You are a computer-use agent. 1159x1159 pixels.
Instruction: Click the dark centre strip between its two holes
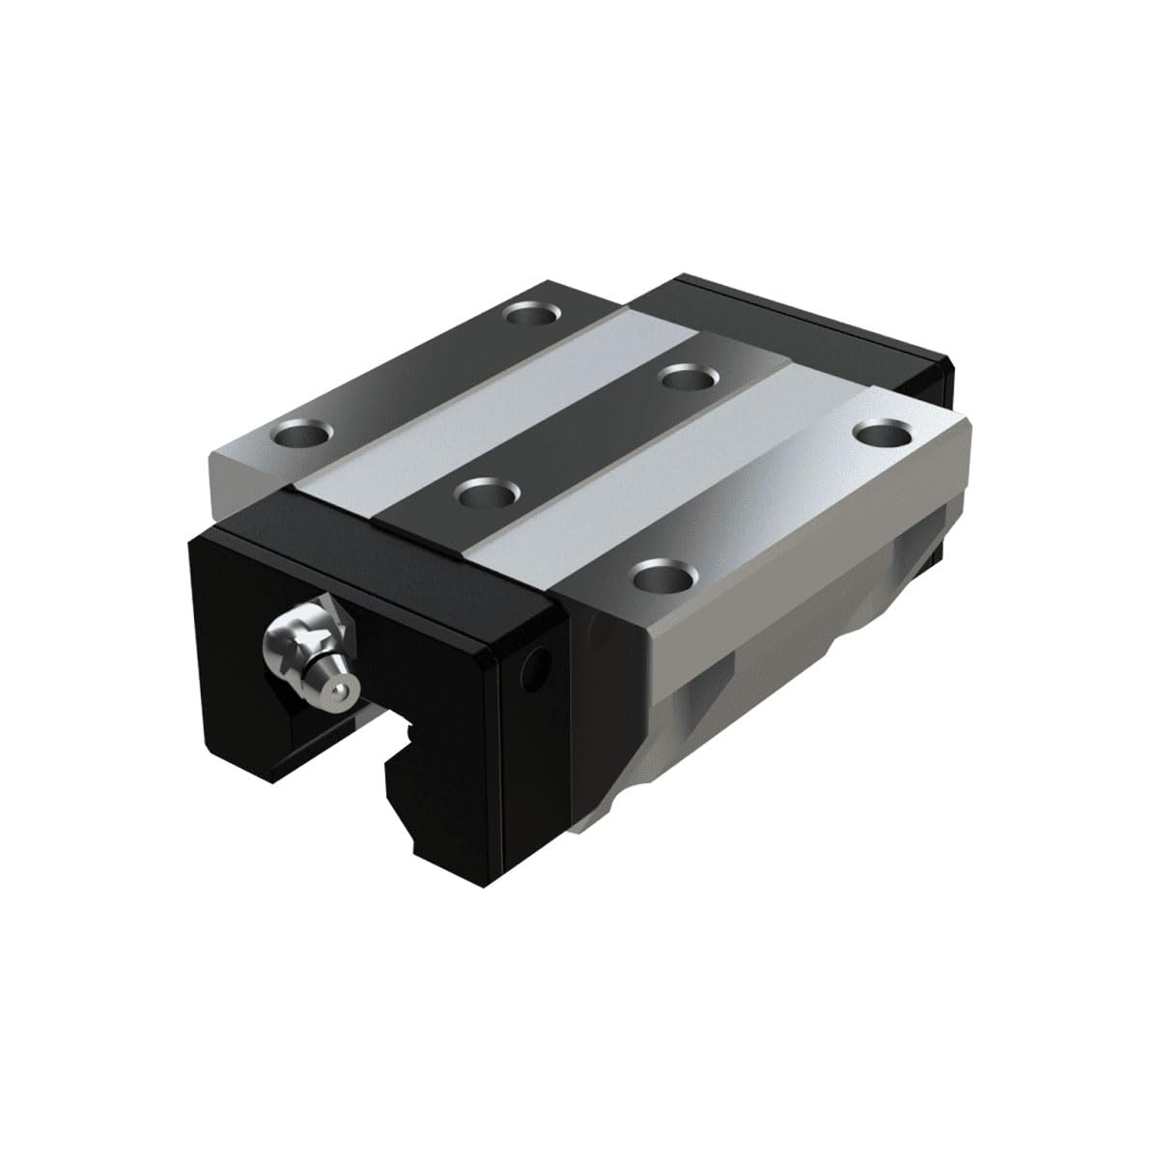589,435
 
